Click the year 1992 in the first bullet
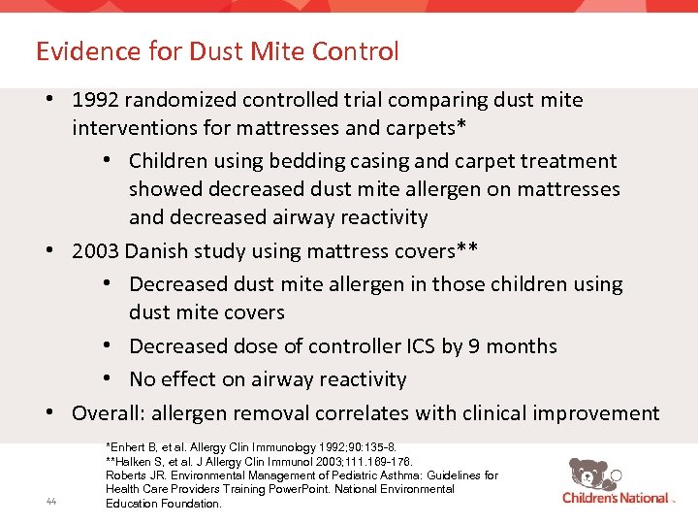pyautogui.click(x=97, y=100)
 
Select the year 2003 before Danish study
pyautogui.click(x=97, y=251)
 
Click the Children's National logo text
pyautogui.click(x=616, y=499)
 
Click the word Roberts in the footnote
pyautogui.click(x=127, y=475)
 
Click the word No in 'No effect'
pyautogui.click(x=143, y=379)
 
